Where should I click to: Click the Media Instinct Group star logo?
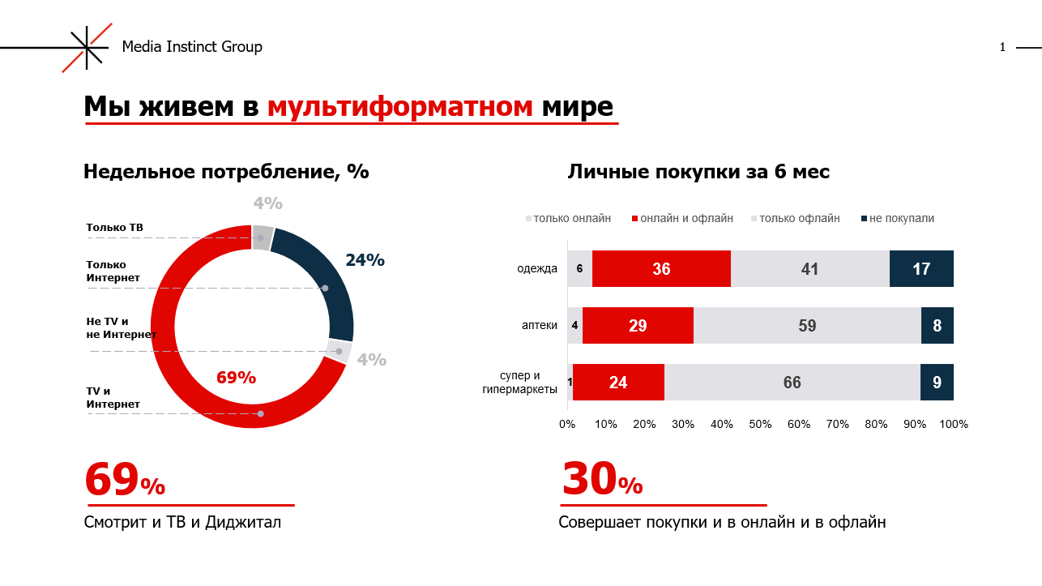click(x=87, y=47)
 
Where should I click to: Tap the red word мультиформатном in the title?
click(x=399, y=106)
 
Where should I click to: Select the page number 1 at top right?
click(x=1002, y=47)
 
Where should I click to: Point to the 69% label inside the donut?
click(x=236, y=378)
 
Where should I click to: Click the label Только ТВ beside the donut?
click(x=114, y=228)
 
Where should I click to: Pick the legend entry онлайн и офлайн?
click(x=686, y=218)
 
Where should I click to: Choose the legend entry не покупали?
click(x=901, y=218)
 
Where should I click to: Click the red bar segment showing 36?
click(x=661, y=269)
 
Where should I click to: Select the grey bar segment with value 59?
click(x=807, y=326)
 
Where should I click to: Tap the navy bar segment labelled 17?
click(x=921, y=269)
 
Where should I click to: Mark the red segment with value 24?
click(x=618, y=383)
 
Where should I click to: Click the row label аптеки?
click(x=539, y=326)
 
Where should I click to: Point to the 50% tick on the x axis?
click(x=760, y=424)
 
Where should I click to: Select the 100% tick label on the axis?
click(x=953, y=424)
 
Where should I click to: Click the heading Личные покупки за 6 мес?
click(x=698, y=172)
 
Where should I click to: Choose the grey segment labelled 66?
click(x=792, y=383)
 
